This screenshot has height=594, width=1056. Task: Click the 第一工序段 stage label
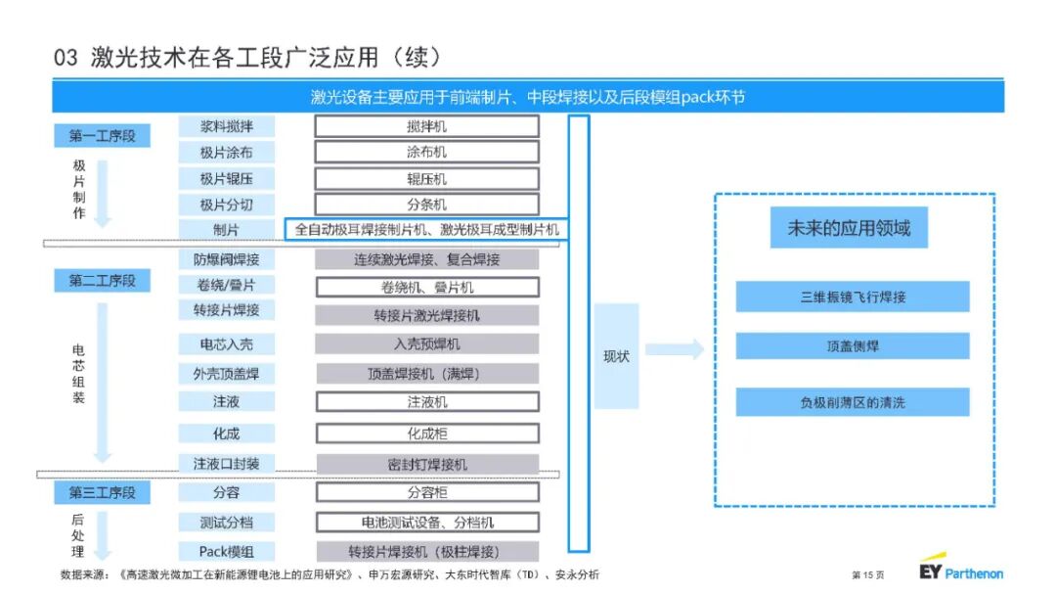coord(102,136)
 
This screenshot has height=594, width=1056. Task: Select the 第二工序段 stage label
coord(102,281)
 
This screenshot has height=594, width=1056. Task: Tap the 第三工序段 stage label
coord(102,492)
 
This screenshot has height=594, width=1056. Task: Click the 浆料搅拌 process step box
coord(226,126)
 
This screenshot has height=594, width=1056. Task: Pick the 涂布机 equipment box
coord(426,153)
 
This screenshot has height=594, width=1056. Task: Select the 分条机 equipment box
coord(426,205)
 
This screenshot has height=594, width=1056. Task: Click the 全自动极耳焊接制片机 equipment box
coord(426,230)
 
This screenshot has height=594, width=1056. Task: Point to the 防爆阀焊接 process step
coord(226,259)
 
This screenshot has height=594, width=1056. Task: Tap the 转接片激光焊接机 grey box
coord(426,315)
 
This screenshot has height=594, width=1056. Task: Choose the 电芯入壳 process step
coord(226,344)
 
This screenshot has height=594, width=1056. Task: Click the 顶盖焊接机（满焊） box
coord(426,373)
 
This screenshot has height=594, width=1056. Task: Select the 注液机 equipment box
coord(426,401)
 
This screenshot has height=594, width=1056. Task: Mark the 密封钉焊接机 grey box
coord(426,464)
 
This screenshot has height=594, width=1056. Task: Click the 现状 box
coord(616,356)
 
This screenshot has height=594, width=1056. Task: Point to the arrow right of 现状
coord(675,349)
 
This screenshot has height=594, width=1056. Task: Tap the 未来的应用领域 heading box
coord(848,228)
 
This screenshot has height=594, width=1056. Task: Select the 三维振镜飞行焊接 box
coord(853,297)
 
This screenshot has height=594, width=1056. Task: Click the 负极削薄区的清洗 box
coord(853,402)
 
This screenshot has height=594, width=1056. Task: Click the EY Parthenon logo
coord(961,569)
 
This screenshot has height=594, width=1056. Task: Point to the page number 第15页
coord(867,573)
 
